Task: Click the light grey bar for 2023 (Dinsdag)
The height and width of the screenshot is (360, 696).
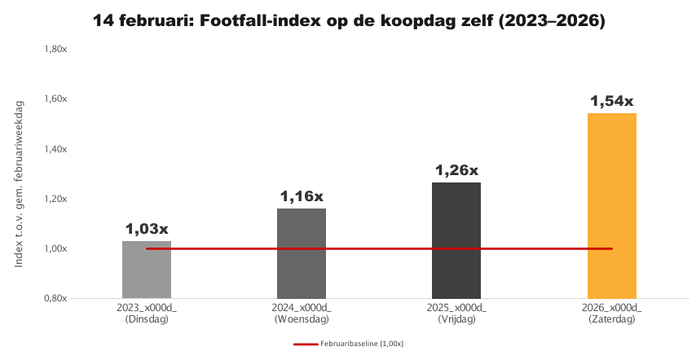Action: (147, 270)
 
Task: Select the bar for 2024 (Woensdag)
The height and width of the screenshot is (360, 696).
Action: (302, 253)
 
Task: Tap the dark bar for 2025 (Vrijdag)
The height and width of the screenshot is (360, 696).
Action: (456, 240)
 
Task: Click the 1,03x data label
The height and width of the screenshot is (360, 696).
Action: (147, 229)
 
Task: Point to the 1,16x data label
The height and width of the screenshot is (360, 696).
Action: (302, 196)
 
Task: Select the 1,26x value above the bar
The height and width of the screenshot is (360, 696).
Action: (456, 171)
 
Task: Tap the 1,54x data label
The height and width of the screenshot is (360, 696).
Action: (611, 102)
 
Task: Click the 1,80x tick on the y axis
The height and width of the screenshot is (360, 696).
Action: (65, 50)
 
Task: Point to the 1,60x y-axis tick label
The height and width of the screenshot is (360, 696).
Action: (65, 99)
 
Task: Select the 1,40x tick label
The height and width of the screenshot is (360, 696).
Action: (65, 149)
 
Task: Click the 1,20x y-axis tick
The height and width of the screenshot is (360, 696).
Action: (65, 199)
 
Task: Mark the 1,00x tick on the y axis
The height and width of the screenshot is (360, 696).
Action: (65, 248)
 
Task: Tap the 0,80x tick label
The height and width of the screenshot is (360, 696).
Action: (65, 298)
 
